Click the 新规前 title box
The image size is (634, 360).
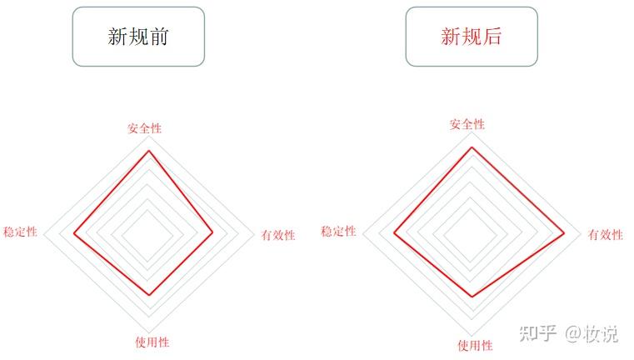[138, 37]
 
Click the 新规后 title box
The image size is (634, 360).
[472, 37]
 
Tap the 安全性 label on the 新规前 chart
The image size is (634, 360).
[144, 128]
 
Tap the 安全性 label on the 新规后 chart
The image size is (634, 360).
[467, 124]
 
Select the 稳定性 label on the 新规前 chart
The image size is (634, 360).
[20, 232]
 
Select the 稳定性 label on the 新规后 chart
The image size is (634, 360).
[338, 231]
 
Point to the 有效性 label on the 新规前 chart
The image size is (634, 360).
[278, 235]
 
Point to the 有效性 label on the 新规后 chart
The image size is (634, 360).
[606, 234]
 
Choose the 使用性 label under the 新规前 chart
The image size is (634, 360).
[152, 342]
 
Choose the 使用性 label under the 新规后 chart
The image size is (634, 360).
[475, 345]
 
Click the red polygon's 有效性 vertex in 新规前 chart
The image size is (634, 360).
[212, 232]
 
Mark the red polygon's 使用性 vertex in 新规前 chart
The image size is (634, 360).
[150, 294]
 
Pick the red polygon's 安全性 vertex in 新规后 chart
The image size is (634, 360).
[472, 147]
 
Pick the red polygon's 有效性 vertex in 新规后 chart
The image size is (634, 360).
[565, 232]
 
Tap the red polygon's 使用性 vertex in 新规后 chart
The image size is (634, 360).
[472, 297]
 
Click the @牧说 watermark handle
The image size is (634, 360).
[592, 333]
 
